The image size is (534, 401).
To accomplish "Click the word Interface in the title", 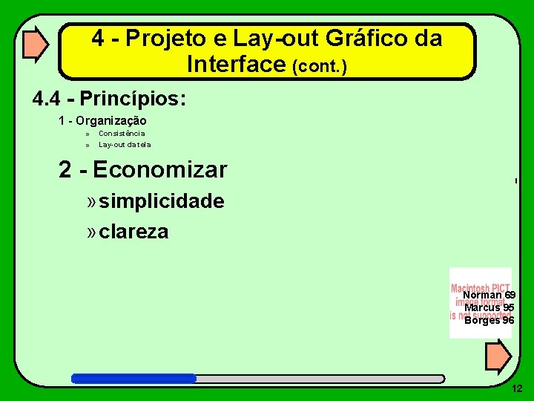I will (x=237, y=65).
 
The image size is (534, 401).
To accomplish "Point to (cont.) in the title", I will (x=320, y=67).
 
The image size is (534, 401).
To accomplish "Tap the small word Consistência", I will (x=122, y=134).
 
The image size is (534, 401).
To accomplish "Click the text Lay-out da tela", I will (x=125, y=145).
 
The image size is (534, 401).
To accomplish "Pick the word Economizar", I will (x=159, y=170).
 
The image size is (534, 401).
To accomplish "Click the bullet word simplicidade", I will (x=162, y=201).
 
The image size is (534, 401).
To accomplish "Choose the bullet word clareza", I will (x=133, y=232).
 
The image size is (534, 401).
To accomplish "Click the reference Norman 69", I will (x=489, y=296).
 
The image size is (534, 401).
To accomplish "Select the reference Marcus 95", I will (x=489, y=307).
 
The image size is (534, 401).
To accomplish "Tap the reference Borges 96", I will (x=489, y=320).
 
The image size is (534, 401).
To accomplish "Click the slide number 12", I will (x=517, y=388).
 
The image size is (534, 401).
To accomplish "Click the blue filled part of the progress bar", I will (x=133, y=378).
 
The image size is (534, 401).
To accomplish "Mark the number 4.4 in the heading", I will (x=48, y=98).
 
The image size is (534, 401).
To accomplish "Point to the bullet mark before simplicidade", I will (x=91, y=201).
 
